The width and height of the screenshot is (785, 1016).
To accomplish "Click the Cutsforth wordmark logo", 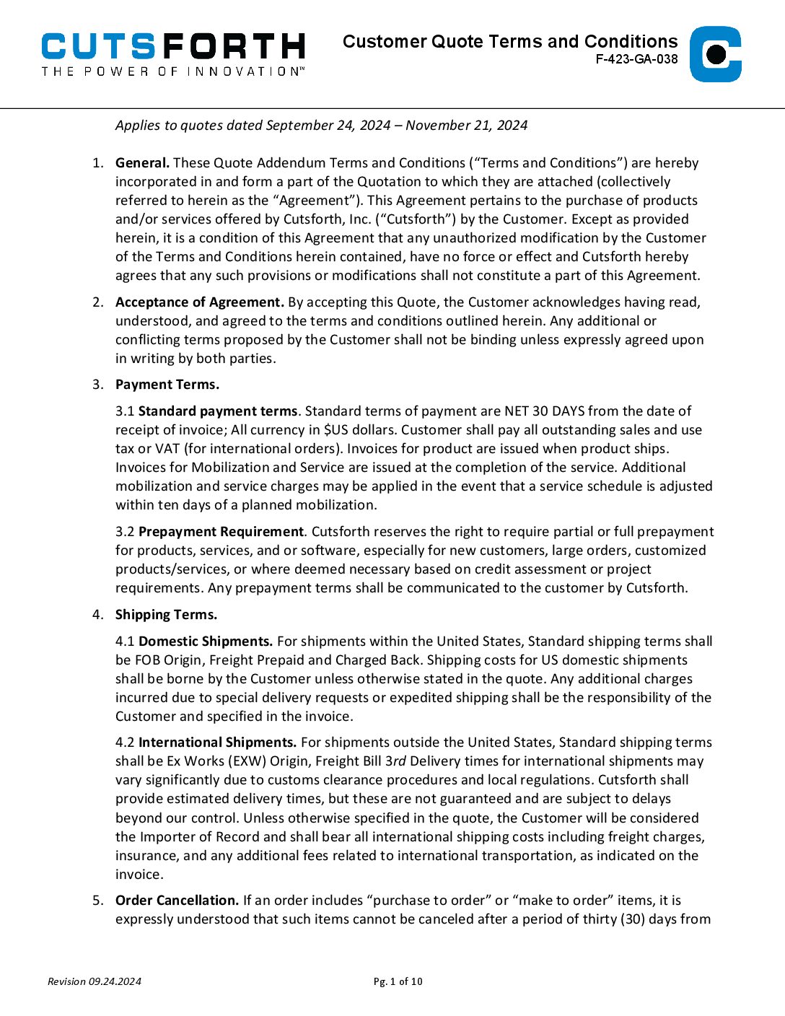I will point(173,47).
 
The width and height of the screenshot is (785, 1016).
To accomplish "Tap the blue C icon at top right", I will point(715,54).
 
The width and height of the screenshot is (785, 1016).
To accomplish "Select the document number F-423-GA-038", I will point(636,60).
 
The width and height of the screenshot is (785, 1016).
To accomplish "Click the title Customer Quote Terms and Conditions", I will point(510,41).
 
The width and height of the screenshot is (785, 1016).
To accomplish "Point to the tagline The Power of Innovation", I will point(173,71).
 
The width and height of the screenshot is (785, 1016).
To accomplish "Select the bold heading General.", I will point(142,163).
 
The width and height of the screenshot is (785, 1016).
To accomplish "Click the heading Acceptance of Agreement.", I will point(200,302).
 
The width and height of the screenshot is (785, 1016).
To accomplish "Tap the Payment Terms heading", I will point(167,385).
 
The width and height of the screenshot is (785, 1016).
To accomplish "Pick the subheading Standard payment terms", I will point(217,411).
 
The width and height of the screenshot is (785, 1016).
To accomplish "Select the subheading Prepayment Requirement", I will point(221,532).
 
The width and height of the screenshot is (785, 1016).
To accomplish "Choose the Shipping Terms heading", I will point(166,615).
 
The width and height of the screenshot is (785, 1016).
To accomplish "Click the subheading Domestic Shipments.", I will point(206,641).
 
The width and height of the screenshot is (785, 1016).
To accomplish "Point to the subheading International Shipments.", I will point(217,743).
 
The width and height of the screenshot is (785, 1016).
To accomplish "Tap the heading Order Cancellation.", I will point(177,901).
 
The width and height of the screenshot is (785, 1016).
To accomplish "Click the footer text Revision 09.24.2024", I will point(95,981).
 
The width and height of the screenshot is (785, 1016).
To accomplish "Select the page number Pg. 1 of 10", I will point(398,981).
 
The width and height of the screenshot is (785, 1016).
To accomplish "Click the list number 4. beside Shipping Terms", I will point(97,615).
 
